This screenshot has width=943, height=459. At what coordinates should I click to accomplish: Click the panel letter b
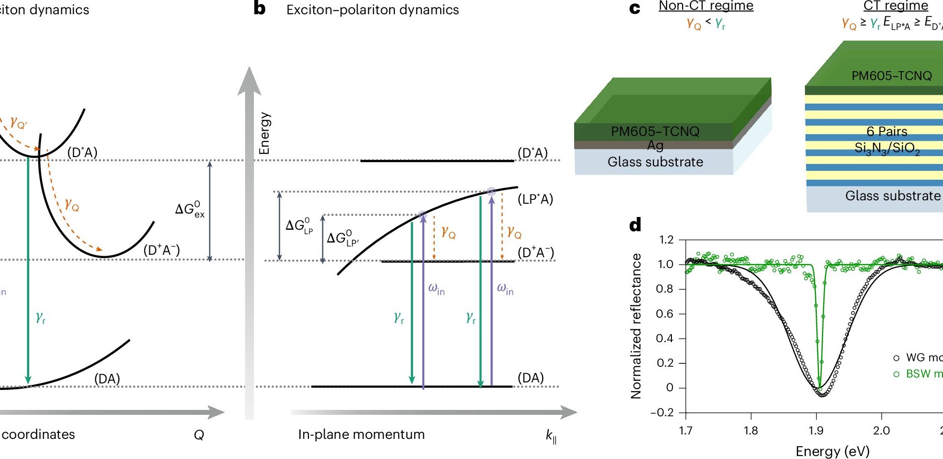point(259,8)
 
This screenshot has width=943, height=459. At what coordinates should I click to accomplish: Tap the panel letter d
point(635,225)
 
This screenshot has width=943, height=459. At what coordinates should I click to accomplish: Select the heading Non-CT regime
point(706,6)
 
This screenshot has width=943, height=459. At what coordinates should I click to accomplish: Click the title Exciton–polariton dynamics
point(372,10)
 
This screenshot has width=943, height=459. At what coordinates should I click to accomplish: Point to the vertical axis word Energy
point(264,133)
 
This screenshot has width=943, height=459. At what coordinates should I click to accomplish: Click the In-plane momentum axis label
point(361,434)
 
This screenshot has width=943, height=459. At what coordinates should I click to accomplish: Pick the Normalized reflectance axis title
point(636,326)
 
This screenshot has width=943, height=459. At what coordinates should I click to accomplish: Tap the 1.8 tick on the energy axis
point(750,431)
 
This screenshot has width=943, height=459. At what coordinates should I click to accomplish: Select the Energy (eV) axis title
point(832,451)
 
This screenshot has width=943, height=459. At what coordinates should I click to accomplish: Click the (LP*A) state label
point(535,199)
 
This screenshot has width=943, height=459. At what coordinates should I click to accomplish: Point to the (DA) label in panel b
point(530,378)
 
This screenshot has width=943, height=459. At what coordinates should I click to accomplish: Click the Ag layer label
point(655,145)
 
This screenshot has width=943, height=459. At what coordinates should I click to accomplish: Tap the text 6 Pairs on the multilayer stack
point(887,132)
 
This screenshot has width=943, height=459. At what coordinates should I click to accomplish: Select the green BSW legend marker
point(896,374)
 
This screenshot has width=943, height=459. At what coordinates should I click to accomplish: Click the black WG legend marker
point(896,358)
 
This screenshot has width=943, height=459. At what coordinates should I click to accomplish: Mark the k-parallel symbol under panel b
point(551,436)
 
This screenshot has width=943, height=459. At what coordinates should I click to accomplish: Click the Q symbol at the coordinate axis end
point(199,435)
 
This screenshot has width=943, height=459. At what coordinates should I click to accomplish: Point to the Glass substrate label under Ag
point(655,162)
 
